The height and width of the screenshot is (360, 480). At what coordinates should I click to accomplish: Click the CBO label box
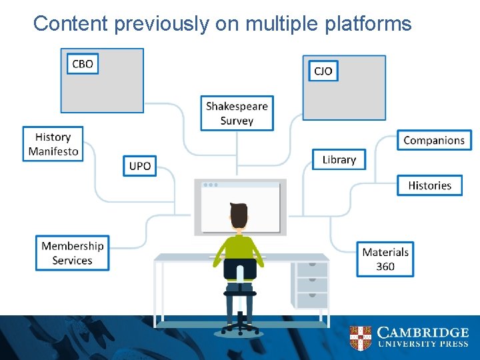pos(83,64)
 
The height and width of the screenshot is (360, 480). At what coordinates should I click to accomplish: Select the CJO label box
pos(323,71)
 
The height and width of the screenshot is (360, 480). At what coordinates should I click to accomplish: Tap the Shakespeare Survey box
pos(237,113)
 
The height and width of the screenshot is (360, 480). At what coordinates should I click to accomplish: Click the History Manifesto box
pos(53,144)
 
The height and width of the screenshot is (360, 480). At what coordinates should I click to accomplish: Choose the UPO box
pos(140,166)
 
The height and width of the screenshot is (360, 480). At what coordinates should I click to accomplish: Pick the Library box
pos(339,159)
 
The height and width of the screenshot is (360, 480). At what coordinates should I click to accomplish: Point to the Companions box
pos(434,141)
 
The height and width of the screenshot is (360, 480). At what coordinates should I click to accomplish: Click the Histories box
pos(430,185)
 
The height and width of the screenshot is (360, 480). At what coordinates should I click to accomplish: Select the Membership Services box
pos(73,253)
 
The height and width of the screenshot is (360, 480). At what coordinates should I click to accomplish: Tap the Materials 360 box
pos(385,259)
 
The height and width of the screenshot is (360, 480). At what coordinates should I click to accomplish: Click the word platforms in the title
pos(370,24)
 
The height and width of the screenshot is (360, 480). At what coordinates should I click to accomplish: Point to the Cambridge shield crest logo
pos(360,338)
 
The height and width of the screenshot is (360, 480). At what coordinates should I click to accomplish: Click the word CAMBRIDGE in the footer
pos(423,333)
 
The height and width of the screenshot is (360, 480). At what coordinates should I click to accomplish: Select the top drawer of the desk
pos(311,269)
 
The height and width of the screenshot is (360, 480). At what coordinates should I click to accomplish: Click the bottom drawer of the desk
pos(311,301)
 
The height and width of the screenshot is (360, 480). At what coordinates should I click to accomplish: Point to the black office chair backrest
pos(240,269)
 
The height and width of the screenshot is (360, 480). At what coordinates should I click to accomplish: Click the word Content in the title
pos(71,24)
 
